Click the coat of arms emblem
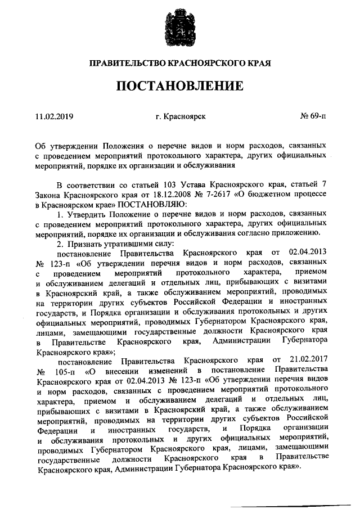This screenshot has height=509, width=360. pos(180,25)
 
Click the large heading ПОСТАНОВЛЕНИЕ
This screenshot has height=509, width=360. pos(180,86)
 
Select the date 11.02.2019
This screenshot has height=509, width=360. pos(54,116)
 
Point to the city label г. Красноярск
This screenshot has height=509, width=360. pos(181,116)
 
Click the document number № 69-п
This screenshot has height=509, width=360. pos(313,116)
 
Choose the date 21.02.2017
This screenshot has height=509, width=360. pos(307,360)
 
